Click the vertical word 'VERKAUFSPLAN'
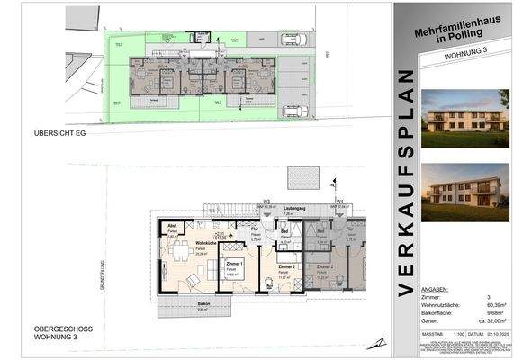pos(406,180)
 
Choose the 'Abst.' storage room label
pos(172,227)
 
